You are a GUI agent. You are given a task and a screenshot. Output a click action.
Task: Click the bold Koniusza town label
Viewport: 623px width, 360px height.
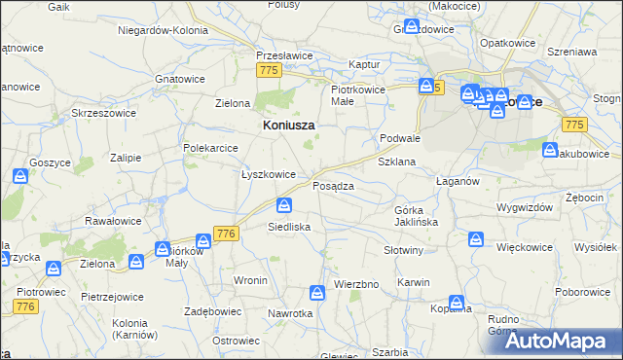click(290, 125)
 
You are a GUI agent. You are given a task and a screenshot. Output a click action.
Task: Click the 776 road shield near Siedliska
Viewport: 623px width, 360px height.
click(227, 234)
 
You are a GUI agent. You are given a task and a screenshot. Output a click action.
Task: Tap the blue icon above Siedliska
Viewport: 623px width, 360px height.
click(283, 205)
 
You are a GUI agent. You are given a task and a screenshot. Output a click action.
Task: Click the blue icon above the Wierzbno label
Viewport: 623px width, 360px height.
click(317, 292)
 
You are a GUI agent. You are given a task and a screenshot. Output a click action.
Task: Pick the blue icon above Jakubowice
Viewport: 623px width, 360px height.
click(551, 151)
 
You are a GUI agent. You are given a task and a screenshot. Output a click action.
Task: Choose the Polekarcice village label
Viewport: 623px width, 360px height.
click(211, 148)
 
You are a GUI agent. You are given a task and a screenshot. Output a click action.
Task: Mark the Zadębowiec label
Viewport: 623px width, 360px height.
click(212, 312)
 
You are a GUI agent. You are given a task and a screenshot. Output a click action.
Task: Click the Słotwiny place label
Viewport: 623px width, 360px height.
click(404, 250)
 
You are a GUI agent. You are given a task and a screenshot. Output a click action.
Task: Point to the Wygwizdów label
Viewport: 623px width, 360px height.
click(524, 207)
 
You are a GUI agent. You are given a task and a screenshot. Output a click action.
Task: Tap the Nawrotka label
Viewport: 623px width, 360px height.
click(291, 313)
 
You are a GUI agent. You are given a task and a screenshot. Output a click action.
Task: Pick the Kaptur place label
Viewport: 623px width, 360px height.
click(363, 64)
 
